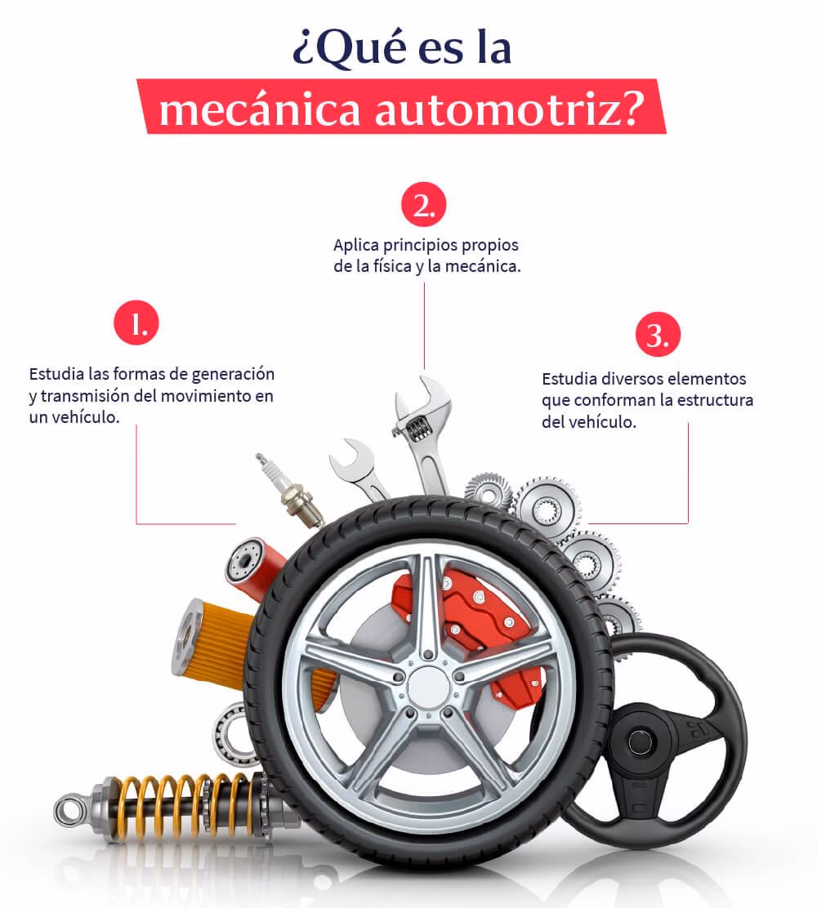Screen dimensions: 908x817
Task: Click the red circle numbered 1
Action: (x=136, y=325)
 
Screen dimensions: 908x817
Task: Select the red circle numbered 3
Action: (x=658, y=336)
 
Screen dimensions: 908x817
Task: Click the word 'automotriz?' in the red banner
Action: (x=507, y=109)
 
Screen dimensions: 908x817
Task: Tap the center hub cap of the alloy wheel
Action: (x=429, y=686)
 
